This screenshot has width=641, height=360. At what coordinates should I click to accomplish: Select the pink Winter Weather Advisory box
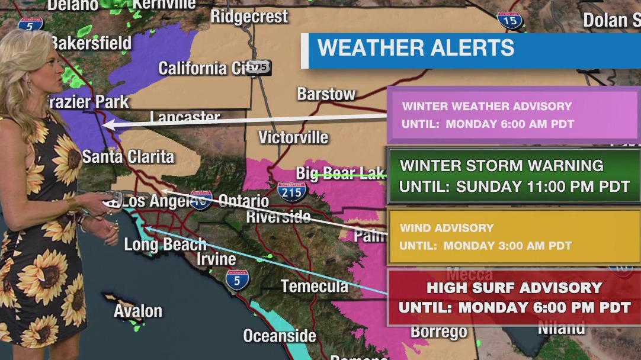tap(513, 115)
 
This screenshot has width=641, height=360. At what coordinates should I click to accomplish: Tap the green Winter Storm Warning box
tap(513, 176)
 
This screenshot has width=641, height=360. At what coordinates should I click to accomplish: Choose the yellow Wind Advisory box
tap(513, 236)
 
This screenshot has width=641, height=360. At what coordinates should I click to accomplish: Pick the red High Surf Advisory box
tap(513, 298)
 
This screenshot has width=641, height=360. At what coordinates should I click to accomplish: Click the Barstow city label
tap(326, 94)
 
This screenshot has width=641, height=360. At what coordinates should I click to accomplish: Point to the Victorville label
tap(293, 137)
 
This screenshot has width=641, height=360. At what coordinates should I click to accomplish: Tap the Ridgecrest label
tap(249, 16)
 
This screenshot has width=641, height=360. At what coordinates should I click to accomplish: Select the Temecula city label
tap(314, 287)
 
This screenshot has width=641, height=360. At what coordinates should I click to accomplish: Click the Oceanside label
tap(279, 336)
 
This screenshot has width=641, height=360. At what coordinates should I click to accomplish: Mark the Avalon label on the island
tap(137, 311)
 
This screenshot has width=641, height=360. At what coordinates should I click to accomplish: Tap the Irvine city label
tap(216, 259)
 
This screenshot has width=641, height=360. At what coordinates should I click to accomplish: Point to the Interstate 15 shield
tap(510, 20)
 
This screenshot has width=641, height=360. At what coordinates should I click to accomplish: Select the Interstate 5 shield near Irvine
tap(237, 279)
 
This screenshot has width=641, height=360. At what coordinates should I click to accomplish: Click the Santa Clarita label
tap(128, 157)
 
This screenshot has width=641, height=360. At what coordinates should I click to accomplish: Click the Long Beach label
tap(165, 244)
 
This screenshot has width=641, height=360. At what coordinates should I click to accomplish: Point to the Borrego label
tap(438, 332)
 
